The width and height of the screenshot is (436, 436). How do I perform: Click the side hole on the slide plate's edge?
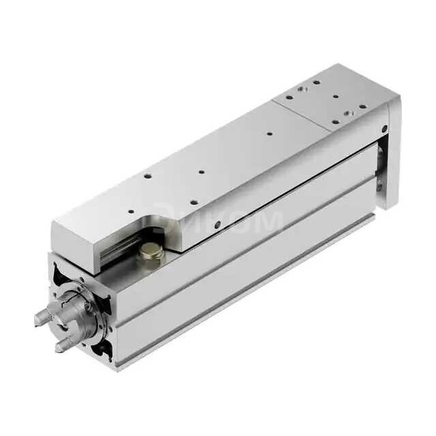(x=217, y=225)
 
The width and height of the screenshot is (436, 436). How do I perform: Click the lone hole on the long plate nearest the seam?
(x=270, y=134)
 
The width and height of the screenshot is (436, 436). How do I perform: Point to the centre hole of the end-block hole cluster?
(x=336, y=97)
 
